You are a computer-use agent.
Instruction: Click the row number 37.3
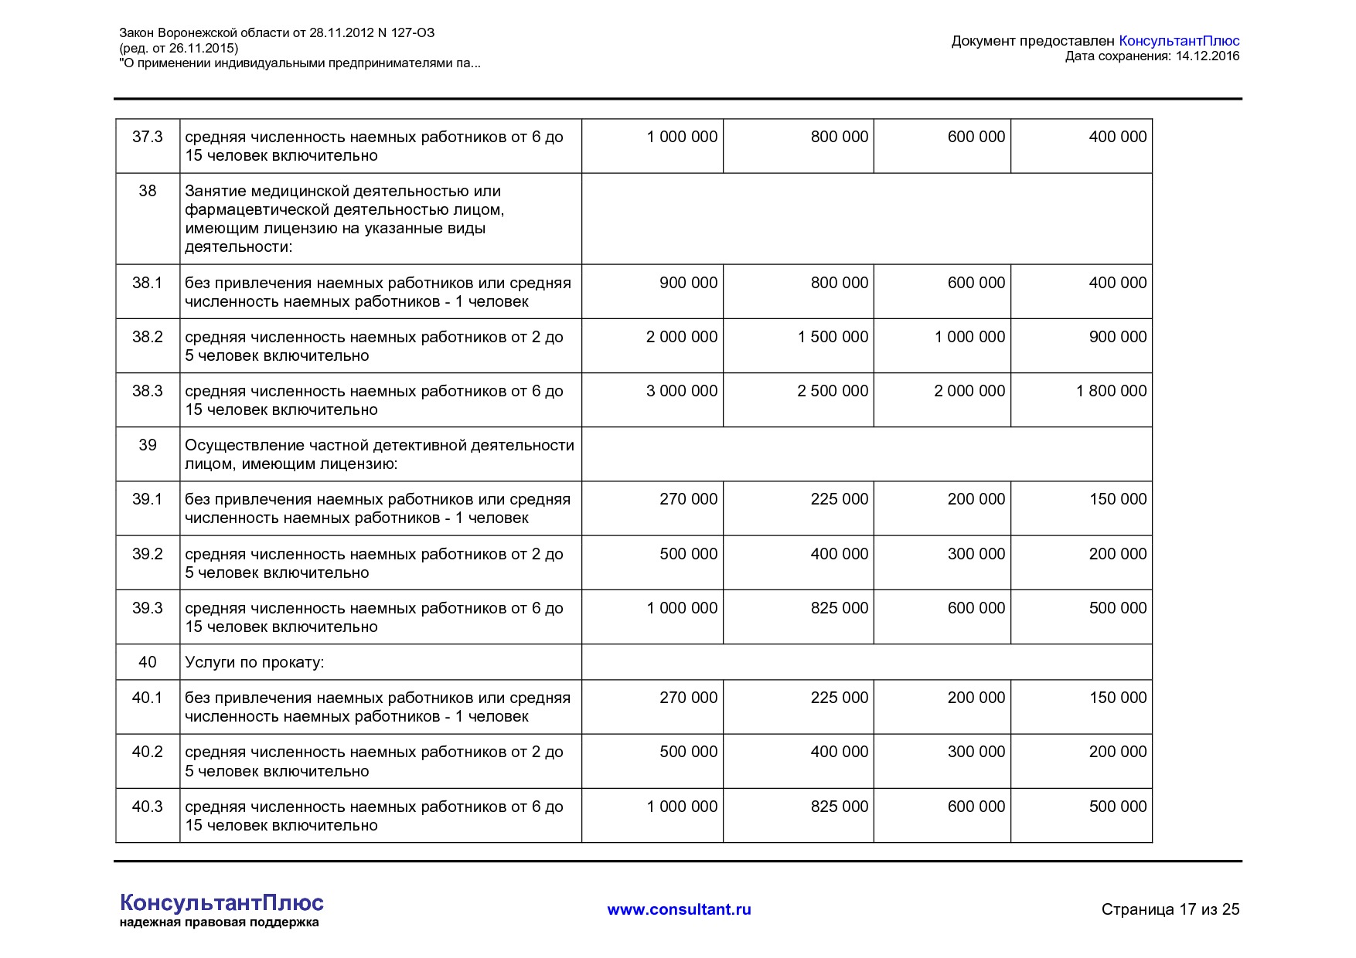(147, 137)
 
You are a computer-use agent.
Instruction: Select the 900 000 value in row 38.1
(688, 283)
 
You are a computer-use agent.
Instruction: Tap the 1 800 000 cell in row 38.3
(1111, 391)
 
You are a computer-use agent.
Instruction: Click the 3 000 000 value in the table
(681, 391)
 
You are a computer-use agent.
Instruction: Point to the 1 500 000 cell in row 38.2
(833, 337)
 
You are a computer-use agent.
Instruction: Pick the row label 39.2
(147, 554)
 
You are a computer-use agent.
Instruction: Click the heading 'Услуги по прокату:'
(254, 662)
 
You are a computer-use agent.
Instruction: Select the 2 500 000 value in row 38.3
(833, 391)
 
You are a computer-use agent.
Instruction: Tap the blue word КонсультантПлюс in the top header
(1179, 41)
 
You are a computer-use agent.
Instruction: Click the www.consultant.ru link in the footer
(679, 909)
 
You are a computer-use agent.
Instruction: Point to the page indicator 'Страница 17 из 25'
(1170, 909)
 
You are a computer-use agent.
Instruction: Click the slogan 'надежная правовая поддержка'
(219, 922)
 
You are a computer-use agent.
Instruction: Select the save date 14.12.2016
(1208, 56)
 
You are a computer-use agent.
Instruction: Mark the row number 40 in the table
(147, 662)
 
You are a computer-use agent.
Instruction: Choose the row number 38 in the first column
(147, 191)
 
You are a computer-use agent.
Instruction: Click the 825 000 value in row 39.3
(839, 608)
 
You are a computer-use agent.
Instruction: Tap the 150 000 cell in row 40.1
(1118, 698)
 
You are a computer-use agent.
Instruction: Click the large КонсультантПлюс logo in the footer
(222, 902)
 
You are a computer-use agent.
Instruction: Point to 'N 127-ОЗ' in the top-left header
(406, 32)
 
